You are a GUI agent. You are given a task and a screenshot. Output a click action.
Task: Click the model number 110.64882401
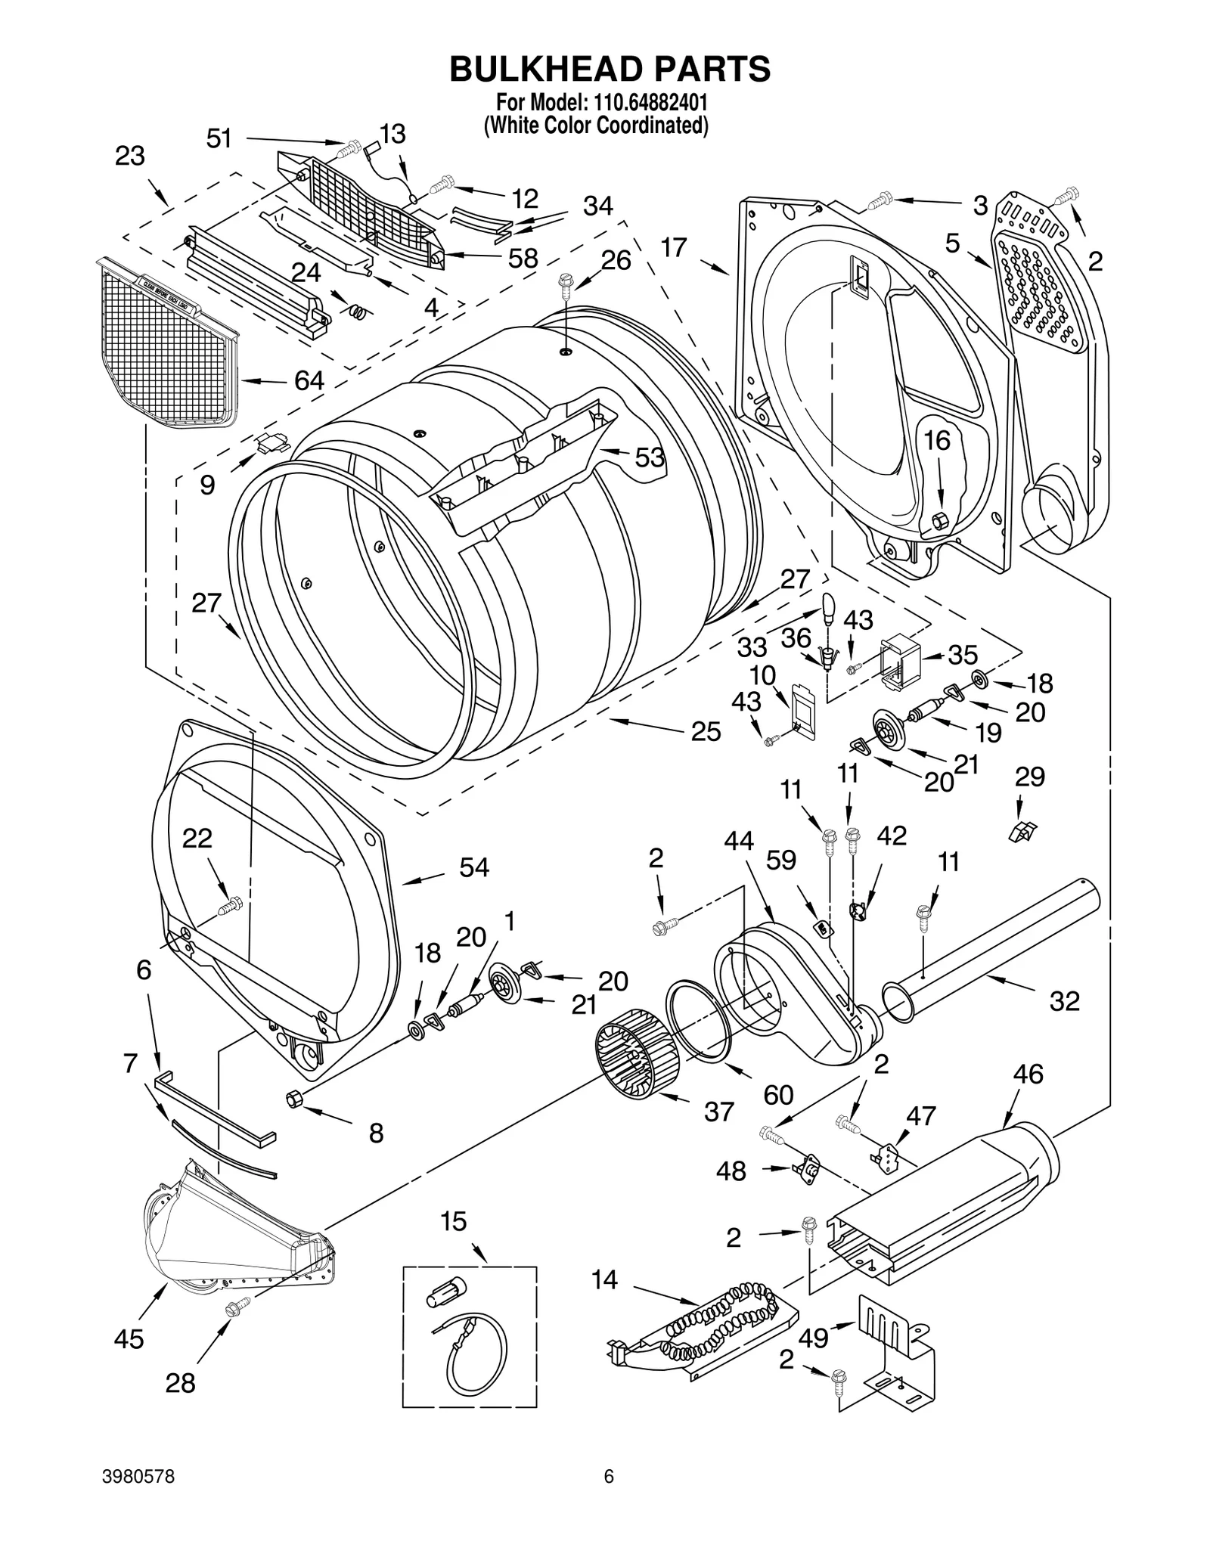pos(648,101)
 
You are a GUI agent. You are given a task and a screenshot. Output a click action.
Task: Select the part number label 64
pos(309,380)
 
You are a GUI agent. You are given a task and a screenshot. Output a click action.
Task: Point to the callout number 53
pos(649,457)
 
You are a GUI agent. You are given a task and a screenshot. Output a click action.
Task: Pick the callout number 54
pos(474,867)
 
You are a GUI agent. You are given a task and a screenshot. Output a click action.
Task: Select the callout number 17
pos(673,247)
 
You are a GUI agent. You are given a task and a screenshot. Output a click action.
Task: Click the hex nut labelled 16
pos(940,520)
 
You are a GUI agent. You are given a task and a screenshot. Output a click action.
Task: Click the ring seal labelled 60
pos(700,1021)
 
